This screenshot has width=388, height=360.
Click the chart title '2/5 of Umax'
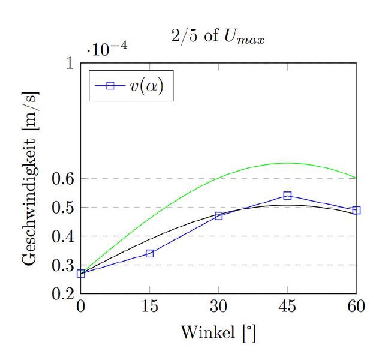click(x=218, y=37)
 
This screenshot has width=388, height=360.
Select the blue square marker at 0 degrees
click(x=81, y=274)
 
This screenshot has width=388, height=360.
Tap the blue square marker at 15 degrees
click(x=150, y=253)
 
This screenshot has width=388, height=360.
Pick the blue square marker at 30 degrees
click(x=219, y=215)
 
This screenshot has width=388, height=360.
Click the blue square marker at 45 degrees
click(x=287, y=196)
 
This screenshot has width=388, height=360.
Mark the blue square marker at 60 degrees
click(x=356, y=210)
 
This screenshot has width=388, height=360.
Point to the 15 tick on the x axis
click(x=150, y=307)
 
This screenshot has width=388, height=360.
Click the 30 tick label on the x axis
click(x=219, y=307)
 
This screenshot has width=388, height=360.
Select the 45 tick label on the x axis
click(x=287, y=307)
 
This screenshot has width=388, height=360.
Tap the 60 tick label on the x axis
click(x=356, y=307)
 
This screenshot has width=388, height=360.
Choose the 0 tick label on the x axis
click(x=81, y=307)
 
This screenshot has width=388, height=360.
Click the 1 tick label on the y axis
click(x=70, y=63)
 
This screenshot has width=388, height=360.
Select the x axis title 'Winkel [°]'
click(x=218, y=331)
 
